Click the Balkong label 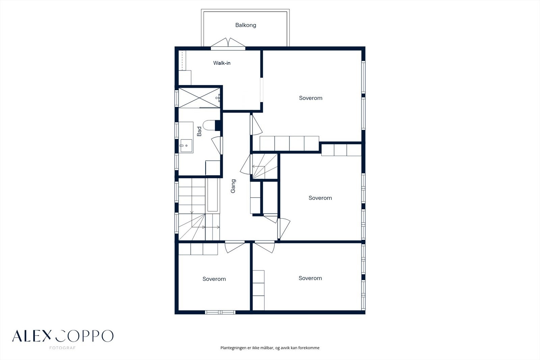pos(246,25)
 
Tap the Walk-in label pos(222,63)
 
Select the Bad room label pos(199,131)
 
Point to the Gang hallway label pos(233,186)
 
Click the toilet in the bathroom pos(209,125)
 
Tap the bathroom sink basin pos(186,146)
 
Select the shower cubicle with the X pos(199,98)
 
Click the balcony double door pos(228,44)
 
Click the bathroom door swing pos(216,145)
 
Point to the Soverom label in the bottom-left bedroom pos(214,279)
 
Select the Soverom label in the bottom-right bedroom pos(310,278)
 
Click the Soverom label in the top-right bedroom pos(311,98)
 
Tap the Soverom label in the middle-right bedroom pos(320,198)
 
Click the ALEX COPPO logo pos(63,336)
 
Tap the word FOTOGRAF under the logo pos(62,348)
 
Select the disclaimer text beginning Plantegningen pos(270,348)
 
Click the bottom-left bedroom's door pos(235,247)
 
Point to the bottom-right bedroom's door pos(265,247)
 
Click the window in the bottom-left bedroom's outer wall pos(220,312)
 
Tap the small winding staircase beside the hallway pos(265,166)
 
